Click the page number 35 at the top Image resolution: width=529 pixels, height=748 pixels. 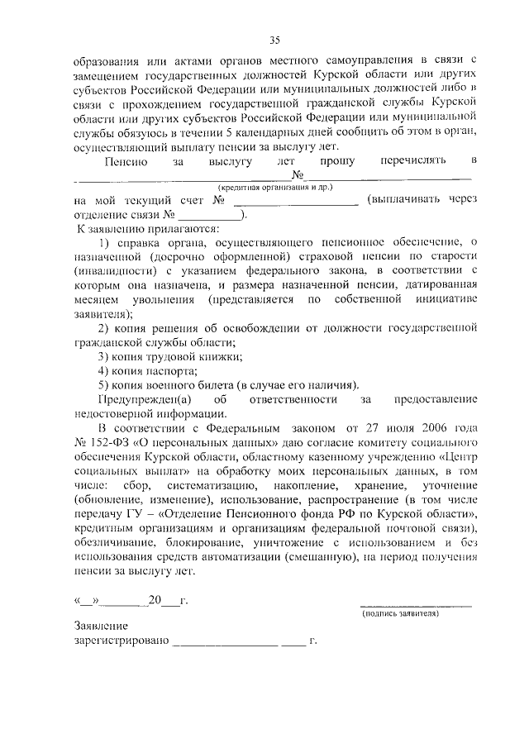click(276, 39)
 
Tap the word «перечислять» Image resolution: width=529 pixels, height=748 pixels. click(413, 160)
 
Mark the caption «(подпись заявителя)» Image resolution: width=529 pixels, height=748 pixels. click(400, 614)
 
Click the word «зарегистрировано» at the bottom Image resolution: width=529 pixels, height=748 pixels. click(121, 640)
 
